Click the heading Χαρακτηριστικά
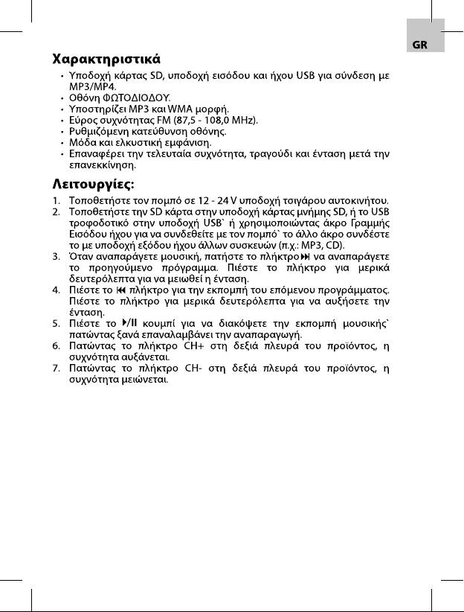[107, 58]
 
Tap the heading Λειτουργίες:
[97, 182]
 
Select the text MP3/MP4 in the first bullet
[90, 86]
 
